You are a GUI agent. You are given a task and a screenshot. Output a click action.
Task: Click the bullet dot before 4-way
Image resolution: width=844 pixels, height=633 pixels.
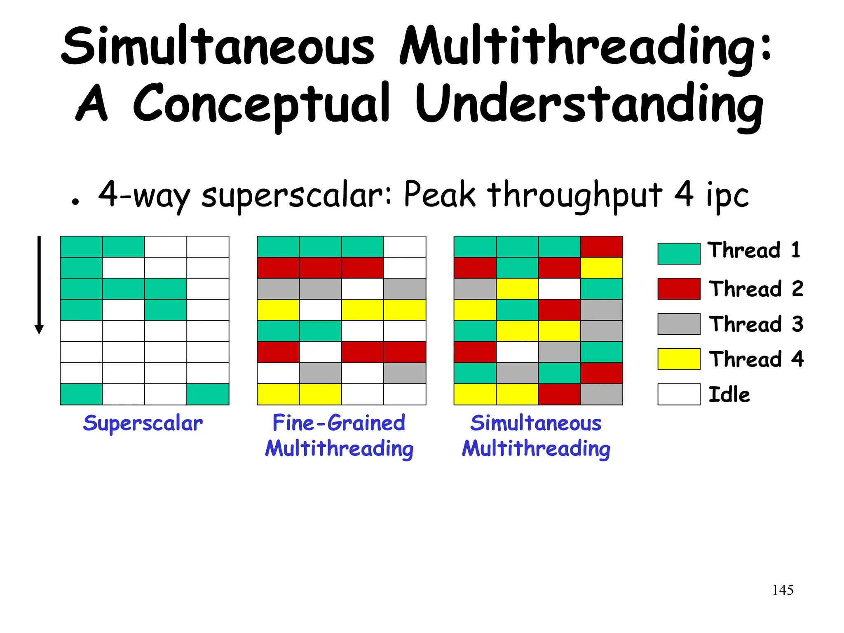(75, 202)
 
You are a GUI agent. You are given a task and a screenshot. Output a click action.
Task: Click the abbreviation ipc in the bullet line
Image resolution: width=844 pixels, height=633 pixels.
(727, 195)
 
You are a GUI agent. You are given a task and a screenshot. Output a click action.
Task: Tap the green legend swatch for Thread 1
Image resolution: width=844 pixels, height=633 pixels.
(679, 253)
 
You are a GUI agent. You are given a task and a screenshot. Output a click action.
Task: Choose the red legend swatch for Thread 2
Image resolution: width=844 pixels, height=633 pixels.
(679, 288)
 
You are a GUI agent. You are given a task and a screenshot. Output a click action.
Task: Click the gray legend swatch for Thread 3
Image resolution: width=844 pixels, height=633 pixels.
(679, 324)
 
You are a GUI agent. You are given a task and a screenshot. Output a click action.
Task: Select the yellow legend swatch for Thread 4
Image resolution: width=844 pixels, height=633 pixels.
(679, 359)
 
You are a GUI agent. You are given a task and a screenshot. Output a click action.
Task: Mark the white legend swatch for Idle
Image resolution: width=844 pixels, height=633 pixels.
(679, 394)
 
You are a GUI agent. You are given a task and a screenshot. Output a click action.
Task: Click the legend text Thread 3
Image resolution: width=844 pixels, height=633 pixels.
(756, 324)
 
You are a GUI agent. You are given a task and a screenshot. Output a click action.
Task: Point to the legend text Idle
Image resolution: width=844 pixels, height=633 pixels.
(729, 394)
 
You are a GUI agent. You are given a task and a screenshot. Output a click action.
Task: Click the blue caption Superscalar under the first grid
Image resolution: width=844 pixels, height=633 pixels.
(143, 424)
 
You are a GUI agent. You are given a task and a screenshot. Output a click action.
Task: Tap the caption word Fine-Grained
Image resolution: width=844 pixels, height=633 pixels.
(339, 423)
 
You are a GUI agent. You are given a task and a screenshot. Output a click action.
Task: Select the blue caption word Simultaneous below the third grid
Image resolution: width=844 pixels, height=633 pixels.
(536, 423)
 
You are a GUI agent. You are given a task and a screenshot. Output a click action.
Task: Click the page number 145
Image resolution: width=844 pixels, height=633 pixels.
(783, 590)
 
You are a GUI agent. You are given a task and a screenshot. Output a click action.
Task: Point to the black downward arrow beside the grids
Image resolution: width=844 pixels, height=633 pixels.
(39, 284)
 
